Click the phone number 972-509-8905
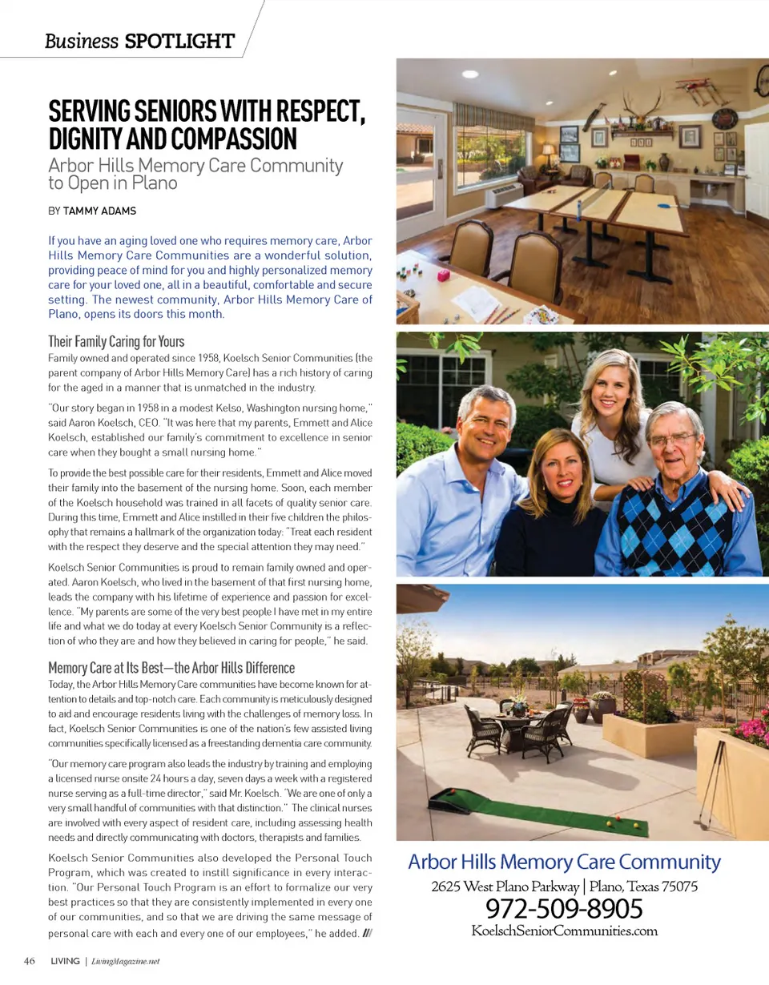(564, 909)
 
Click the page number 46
(29, 961)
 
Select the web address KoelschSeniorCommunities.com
(564, 931)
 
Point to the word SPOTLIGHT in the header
(180, 41)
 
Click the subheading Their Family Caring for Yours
(116, 342)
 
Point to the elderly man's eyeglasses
(672, 439)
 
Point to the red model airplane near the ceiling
(703, 86)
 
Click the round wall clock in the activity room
(723, 119)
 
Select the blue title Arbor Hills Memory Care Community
(564, 862)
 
